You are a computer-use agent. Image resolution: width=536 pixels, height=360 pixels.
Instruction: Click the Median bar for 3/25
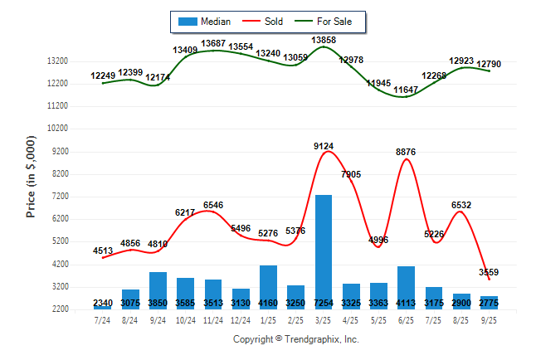tap(324, 249)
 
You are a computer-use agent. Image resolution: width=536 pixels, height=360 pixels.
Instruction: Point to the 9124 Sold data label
tap(324, 146)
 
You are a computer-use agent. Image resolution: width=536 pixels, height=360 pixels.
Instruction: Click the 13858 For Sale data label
tap(324, 40)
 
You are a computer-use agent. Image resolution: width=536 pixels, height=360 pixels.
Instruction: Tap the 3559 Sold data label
tap(489, 272)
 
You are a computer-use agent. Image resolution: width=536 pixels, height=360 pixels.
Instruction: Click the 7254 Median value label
tap(324, 304)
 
